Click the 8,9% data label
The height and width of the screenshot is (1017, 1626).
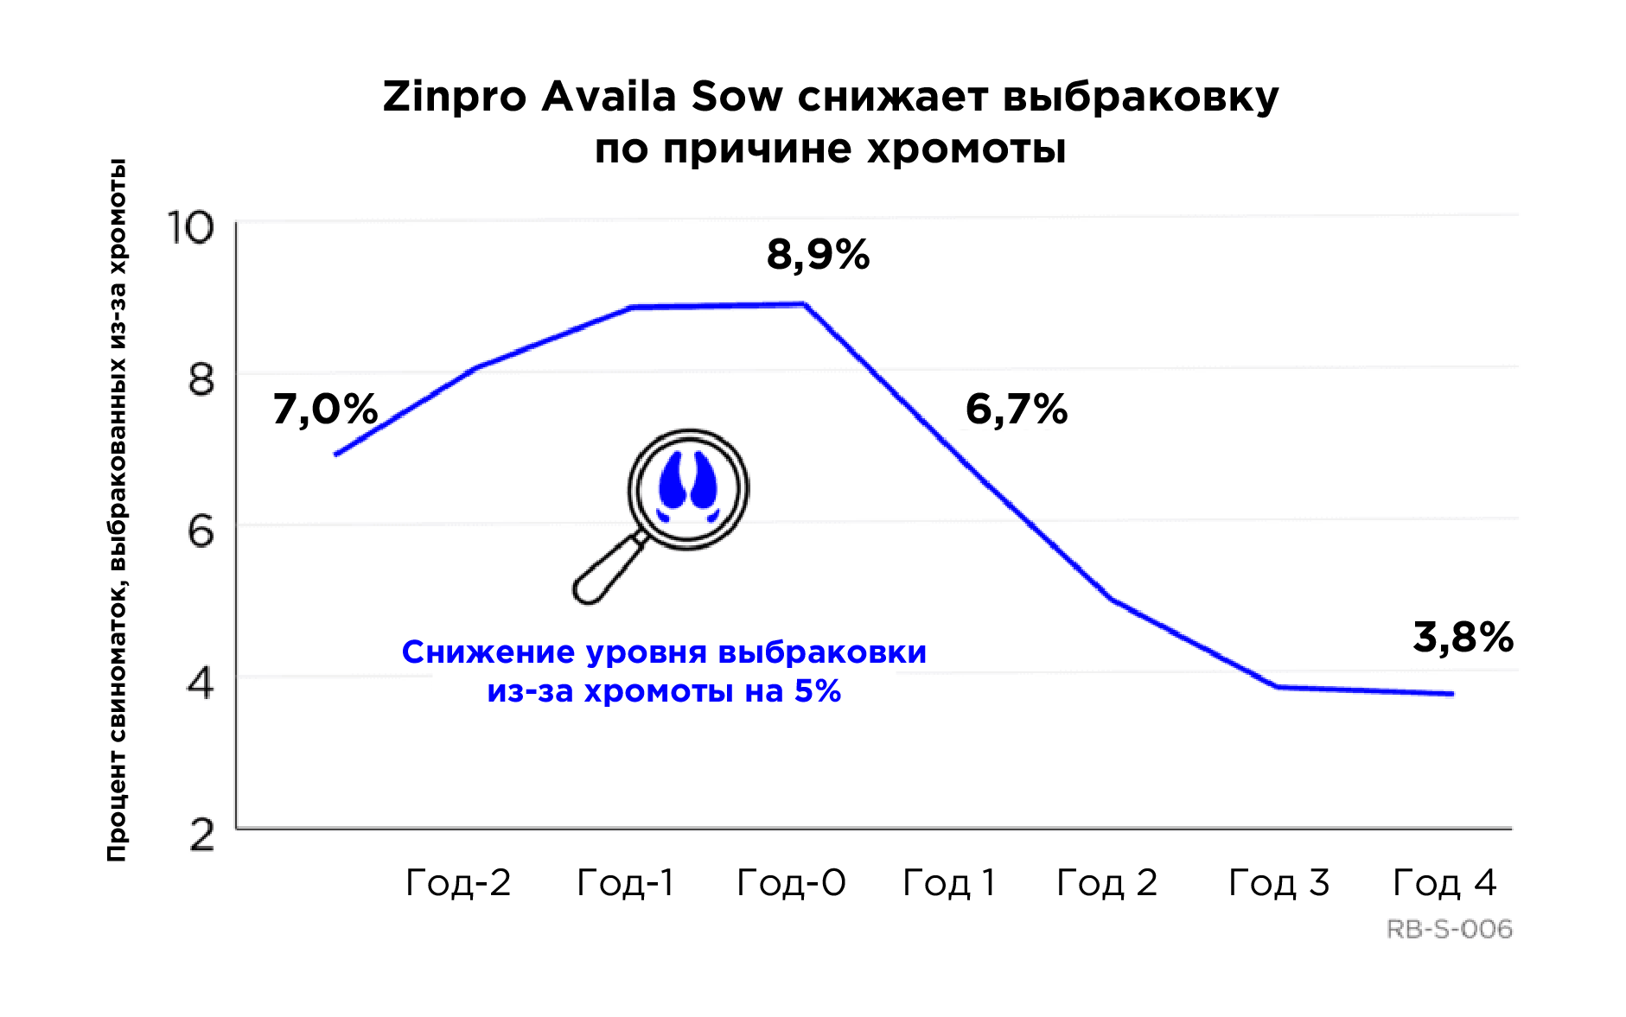[818, 256]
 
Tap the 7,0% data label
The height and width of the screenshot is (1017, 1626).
[325, 410]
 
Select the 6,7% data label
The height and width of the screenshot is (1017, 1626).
[1017, 410]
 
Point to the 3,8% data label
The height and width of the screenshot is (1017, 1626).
[1463, 638]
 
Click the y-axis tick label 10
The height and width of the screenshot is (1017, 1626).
[189, 228]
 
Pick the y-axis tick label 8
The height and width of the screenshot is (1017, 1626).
[201, 379]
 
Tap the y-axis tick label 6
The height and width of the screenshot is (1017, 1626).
[201, 531]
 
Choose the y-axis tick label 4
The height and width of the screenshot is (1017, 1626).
[201, 683]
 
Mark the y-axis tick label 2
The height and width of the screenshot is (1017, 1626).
[201, 836]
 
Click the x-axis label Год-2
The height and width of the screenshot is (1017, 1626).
[458, 883]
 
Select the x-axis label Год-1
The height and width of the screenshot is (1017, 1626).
[625, 883]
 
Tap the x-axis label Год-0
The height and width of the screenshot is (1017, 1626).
[791, 883]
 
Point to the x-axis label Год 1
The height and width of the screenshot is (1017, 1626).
[948, 883]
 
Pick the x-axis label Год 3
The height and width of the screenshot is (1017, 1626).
[1278, 883]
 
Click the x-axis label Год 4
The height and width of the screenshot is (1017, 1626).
[1444, 883]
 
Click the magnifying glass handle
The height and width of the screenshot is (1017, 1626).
[604, 571]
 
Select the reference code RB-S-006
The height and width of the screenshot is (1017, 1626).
[1449, 930]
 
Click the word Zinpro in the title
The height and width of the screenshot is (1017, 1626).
[455, 97]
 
